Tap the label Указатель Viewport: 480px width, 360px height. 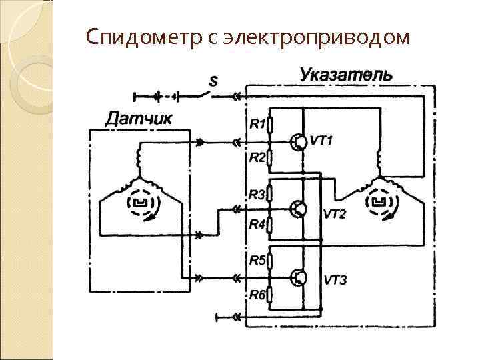tap(346, 73)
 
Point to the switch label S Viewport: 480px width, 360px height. tap(213, 81)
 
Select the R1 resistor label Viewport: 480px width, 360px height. tap(257, 123)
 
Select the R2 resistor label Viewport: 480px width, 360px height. tap(257, 158)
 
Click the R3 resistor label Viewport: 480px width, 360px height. tap(257, 194)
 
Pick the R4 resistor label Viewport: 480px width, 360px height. tap(257, 225)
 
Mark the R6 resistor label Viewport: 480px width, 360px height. tap(257, 294)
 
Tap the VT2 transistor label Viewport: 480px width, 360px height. tap(335, 214)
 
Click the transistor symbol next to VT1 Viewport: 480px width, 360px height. tap(299, 142)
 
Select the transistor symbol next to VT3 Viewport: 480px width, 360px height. tap(299, 277)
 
